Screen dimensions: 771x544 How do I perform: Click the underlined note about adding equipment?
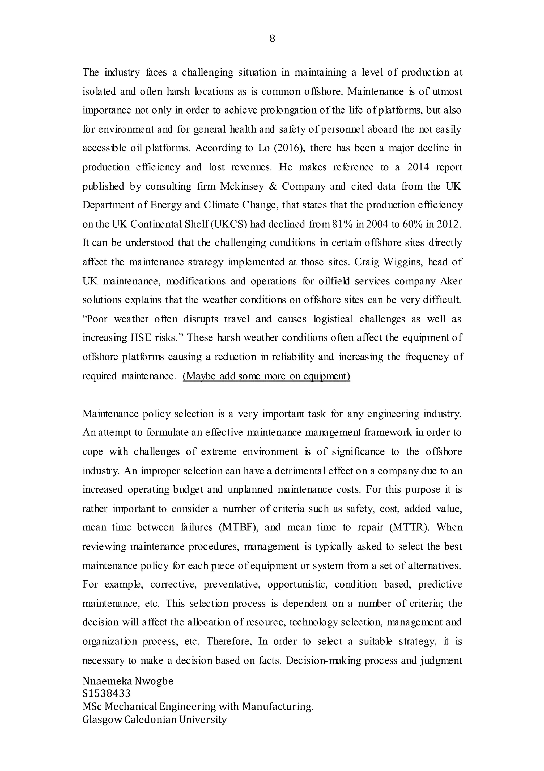(266, 376)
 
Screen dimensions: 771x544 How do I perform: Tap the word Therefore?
(229, 641)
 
